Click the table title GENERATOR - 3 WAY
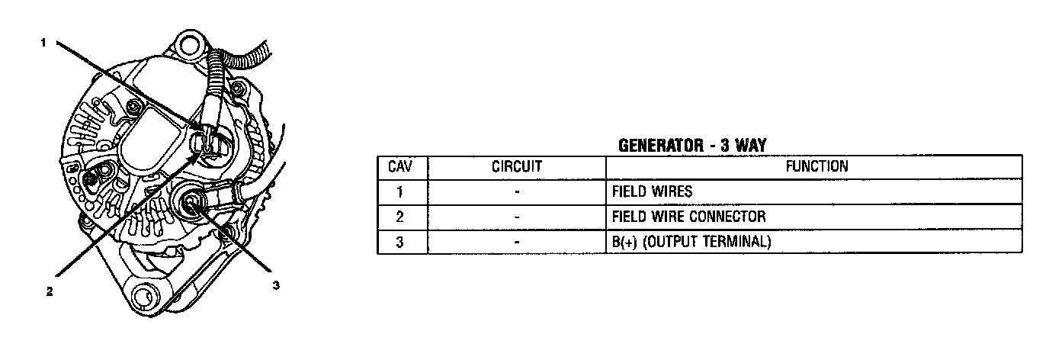(x=691, y=146)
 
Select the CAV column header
(x=402, y=166)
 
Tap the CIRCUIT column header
(x=516, y=166)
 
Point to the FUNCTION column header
(x=813, y=166)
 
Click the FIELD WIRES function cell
(x=652, y=191)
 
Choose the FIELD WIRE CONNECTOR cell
(x=688, y=217)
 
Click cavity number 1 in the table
(x=402, y=191)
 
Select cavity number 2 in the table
(x=402, y=217)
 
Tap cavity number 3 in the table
(x=402, y=242)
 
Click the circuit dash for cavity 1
(x=516, y=191)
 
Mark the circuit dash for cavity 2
(x=516, y=217)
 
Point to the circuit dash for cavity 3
(x=516, y=242)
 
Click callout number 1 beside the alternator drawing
(x=44, y=43)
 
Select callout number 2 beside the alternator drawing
(x=50, y=291)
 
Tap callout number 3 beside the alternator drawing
(x=276, y=285)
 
